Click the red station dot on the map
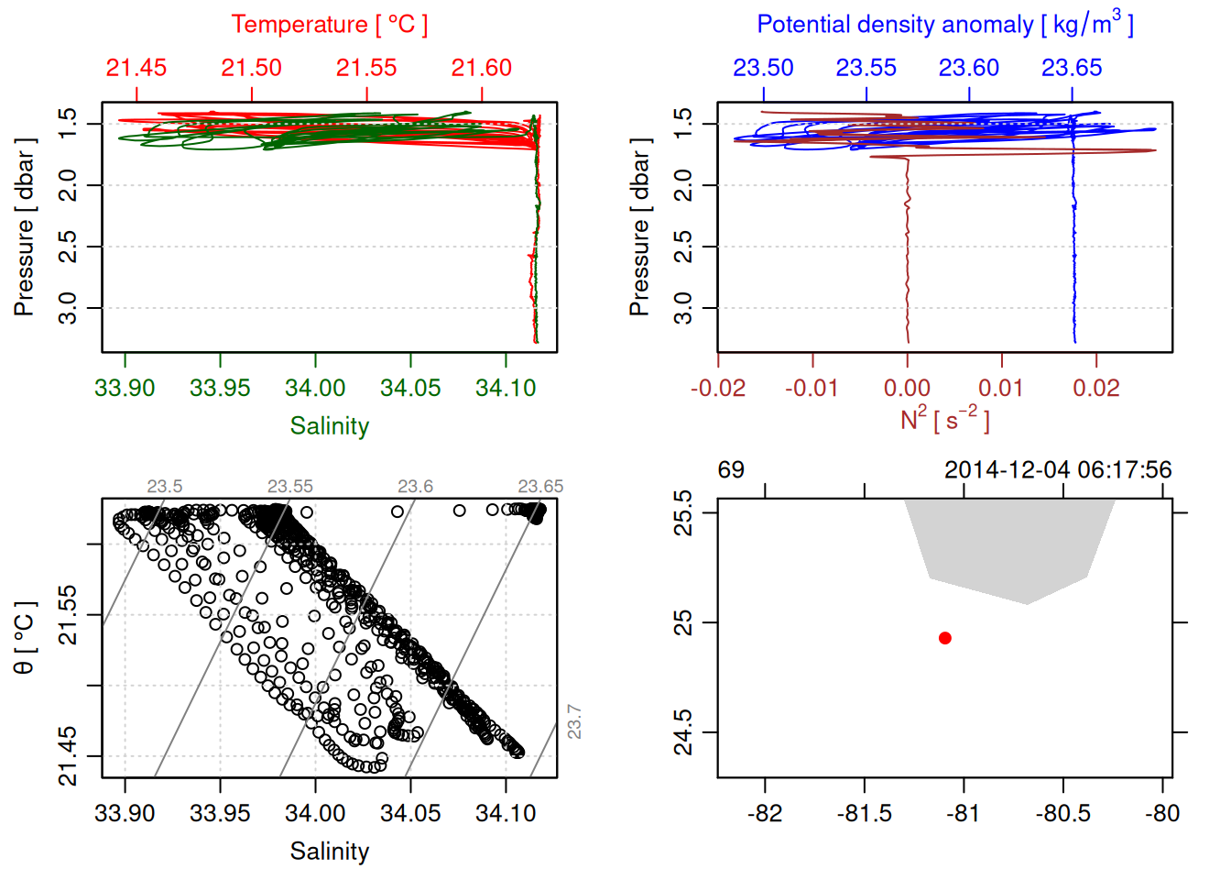(x=945, y=638)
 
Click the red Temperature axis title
(x=330, y=25)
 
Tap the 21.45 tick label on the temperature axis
(x=136, y=68)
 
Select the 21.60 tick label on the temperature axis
(x=482, y=68)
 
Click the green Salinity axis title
(x=330, y=426)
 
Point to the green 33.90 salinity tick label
(x=125, y=388)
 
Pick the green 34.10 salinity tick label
(x=506, y=388)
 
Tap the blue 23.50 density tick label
(x=763, y=68)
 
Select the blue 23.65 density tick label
(x=1072, y=68)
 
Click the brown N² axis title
(x=945, y=420)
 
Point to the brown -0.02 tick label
(x=718, y=388)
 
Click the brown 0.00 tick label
(x=907, y=388)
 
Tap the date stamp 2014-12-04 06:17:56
(x=1058, y=470)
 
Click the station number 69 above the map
(x=731, y=470)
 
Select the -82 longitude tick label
(x=765, y=813)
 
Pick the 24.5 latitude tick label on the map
(x=684, y=732)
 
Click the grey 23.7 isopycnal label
(x=574, y=721)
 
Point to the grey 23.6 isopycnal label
(x=415, y=487)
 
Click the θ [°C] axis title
(x=25, y=638)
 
